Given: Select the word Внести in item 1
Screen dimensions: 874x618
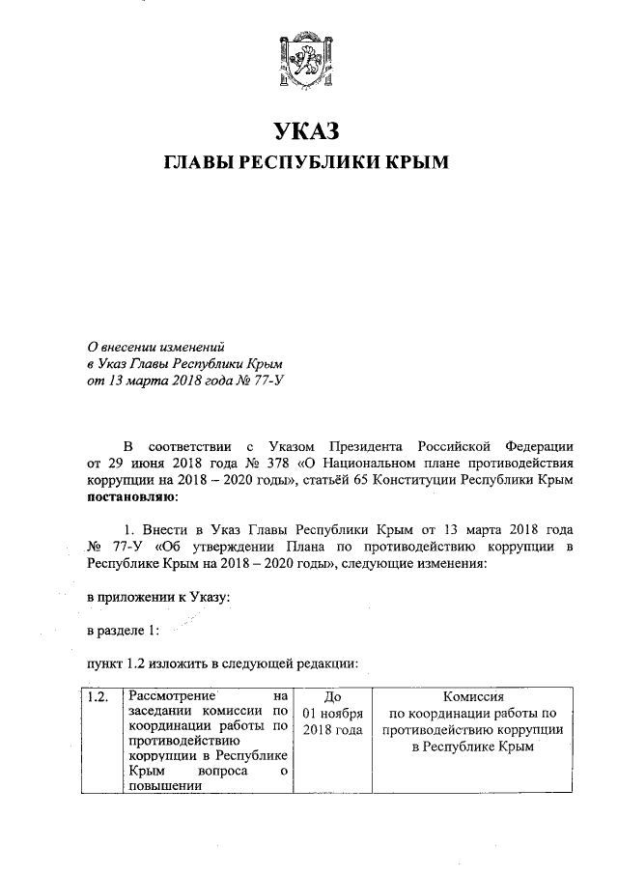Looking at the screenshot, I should coord(170,530).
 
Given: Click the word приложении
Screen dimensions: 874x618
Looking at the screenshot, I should coord(146,598).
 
